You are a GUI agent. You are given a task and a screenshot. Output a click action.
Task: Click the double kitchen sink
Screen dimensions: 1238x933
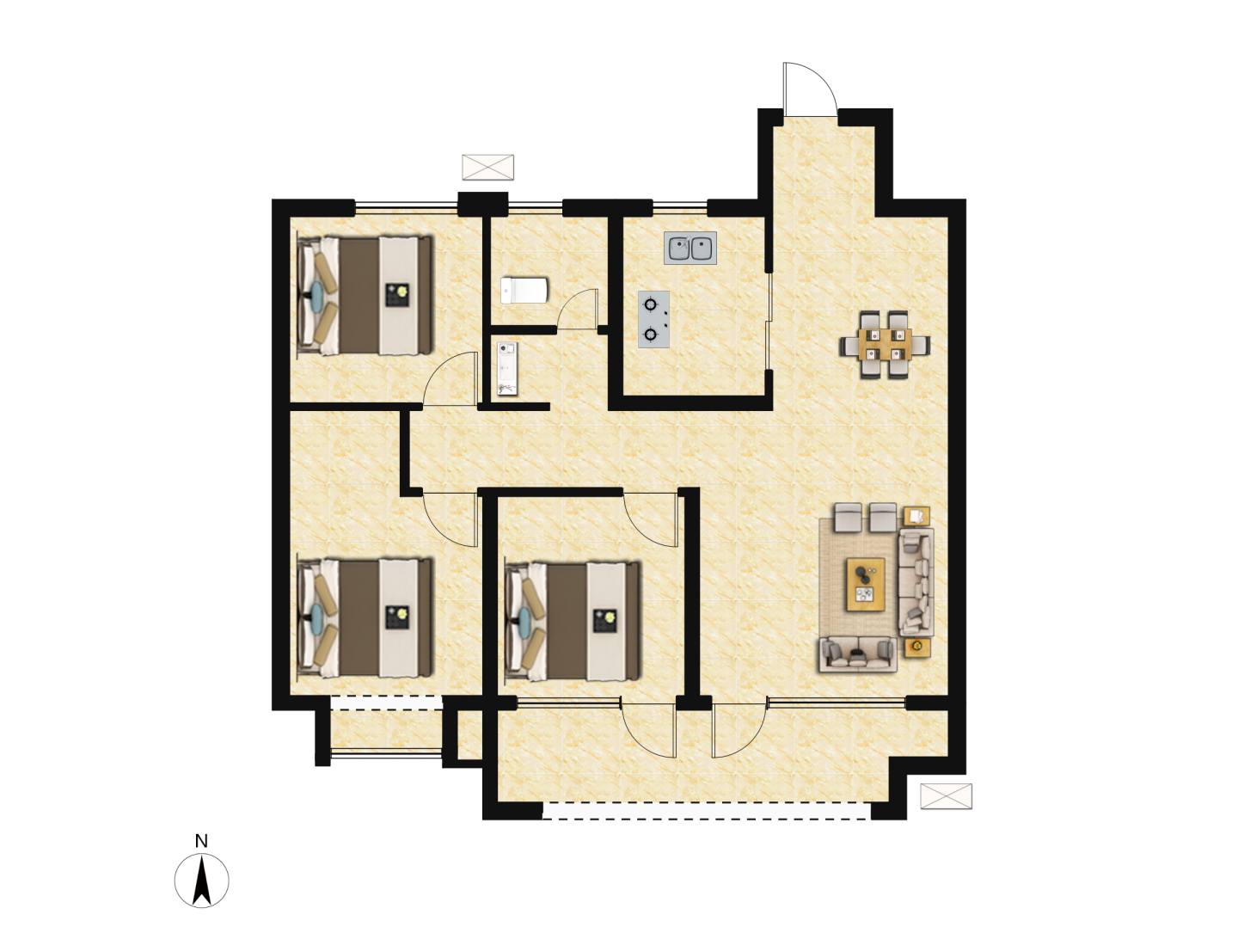pyautogui.click(x=689, y=248)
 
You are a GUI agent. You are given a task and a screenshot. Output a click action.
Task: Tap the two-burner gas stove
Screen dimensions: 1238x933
pyautogui.click(x=653, y=319)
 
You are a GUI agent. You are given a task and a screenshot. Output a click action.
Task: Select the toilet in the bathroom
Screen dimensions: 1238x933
pyautogui.click(x=524, y=290)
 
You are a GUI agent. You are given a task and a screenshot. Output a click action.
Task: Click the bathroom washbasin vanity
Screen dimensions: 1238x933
pyautogui.click(x=507, y=368)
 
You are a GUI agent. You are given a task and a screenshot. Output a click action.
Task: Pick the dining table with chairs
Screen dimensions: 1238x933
pyautogui.click(x=885, y=344)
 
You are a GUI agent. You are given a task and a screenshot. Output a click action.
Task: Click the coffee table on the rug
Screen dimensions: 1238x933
pyautogui.click(x=865, y=585)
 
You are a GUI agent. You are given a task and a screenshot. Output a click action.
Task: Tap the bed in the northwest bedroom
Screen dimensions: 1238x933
pyautogui.click(x=365, y=296)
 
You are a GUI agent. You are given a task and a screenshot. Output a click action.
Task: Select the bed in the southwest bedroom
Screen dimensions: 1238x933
pyautogui.click(x=365, y=617)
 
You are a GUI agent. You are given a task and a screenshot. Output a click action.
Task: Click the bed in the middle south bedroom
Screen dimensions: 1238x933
pyautogui.click(x=573, y=622)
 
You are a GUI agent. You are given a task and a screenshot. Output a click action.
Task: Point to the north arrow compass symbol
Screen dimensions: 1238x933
pyautogui.click(x=201, y=881)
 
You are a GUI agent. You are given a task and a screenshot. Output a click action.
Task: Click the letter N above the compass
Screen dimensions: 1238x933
pyautogui.click(x=201, y=841)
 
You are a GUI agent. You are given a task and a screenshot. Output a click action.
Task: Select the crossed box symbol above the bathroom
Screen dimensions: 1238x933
pyautogui.click(x=487, y=167)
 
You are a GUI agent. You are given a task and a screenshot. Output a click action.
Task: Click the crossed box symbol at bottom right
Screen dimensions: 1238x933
pyautogui.click(x=946, y=796)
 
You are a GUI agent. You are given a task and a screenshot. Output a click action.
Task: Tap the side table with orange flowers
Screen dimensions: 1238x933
pyautogui.click(x=917, y=648)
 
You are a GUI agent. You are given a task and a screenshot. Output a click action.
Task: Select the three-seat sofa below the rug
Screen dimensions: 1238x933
pyautogui.click(x=858, y=654)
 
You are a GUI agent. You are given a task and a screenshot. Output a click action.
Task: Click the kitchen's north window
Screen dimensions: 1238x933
pyautogui.click(x=680, y=207)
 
